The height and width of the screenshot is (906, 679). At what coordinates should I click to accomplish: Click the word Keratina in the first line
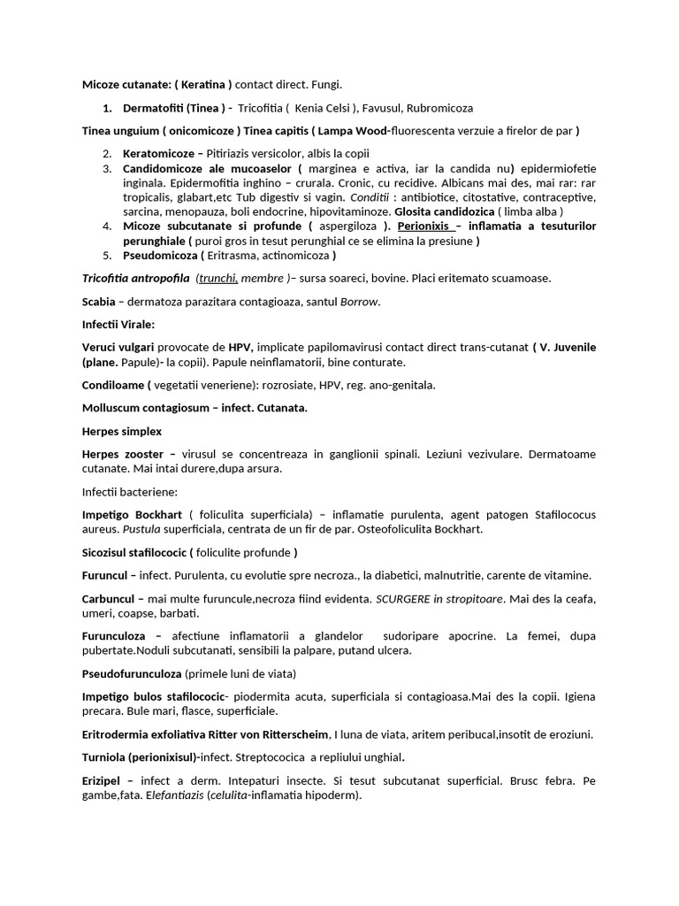pos(203,84)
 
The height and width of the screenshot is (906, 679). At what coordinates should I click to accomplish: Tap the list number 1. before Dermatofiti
pos(107,108)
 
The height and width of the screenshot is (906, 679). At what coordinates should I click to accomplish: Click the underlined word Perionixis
pos(429,226)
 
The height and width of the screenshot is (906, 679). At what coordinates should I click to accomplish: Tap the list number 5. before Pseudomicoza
pos(107,256)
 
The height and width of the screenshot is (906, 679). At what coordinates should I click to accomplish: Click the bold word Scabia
pos(100,302)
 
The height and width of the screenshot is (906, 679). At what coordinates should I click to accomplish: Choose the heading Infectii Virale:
pos(118,325)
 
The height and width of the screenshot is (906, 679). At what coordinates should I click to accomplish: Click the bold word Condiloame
pos(113,385)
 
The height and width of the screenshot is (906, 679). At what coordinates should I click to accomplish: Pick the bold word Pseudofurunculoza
pos(132,673)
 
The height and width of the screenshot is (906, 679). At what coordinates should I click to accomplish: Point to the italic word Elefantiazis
pos(175,795)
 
